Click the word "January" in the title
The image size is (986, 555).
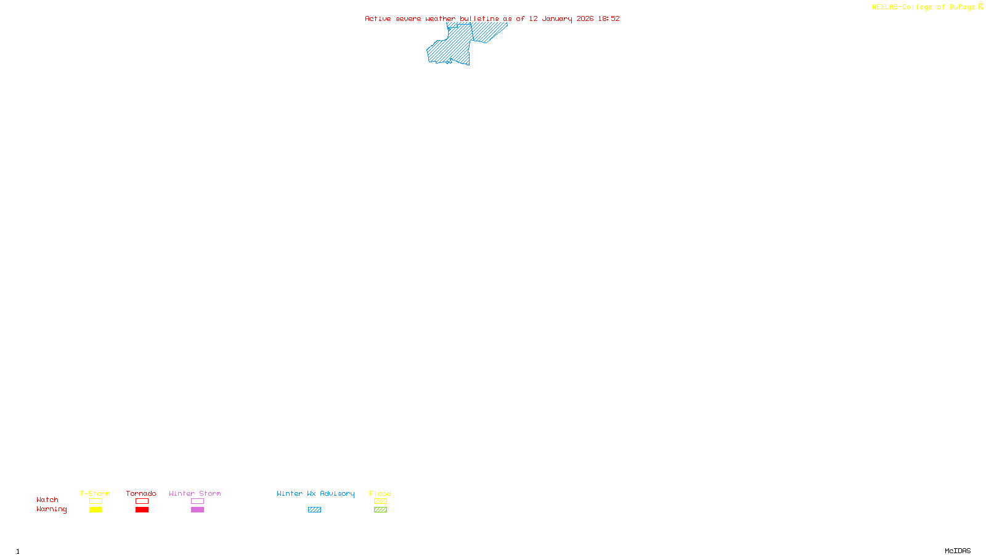point(556,18)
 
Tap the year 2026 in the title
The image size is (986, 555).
point(585,18)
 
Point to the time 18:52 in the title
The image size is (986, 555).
point(609,18)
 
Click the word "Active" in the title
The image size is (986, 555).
point(377,18)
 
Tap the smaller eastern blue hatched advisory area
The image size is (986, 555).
point(488,32)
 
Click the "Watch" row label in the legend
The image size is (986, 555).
point(47,499)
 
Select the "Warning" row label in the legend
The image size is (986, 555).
point(51,509)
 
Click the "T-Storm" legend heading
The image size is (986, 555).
point(95,493)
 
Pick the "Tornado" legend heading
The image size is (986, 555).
point(141,493)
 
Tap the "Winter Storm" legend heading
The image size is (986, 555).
point(195,493)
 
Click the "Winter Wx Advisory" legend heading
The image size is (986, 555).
point(316,493)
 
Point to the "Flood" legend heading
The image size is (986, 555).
point(380,493)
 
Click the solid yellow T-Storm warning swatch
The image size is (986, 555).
point(96,510)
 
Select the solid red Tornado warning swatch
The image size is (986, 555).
point(142,510)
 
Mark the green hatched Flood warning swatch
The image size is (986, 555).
point(380,510)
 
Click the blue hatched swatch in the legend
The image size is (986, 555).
point(314,510)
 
